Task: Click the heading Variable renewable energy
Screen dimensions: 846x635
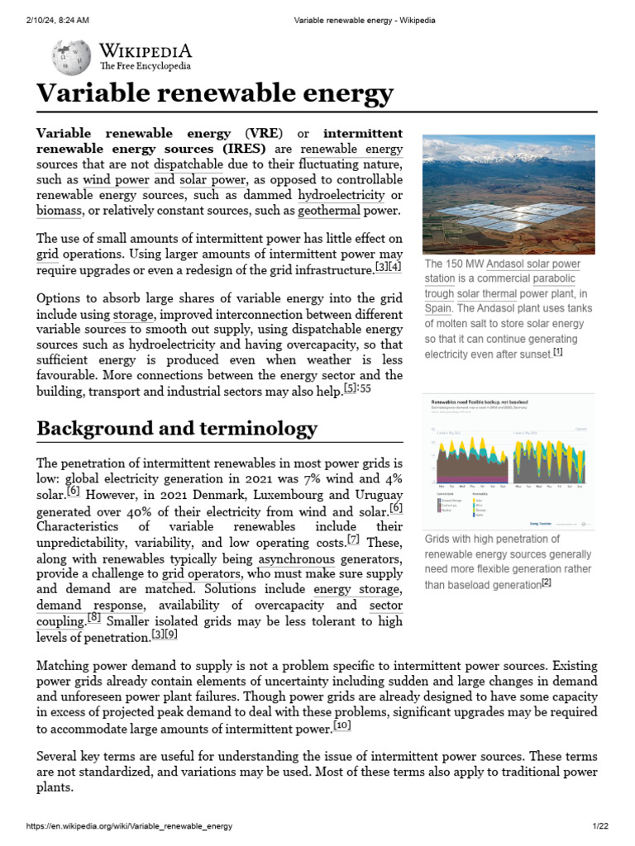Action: tap(215, 93)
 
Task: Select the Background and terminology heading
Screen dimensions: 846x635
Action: tap(177, 428)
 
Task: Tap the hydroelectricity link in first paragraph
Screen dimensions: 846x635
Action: tap(341, 195)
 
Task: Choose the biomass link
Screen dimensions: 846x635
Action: tap(60, 211)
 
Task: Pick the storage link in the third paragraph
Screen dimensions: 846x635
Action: tap(133, 315)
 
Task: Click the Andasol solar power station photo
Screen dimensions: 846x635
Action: tap(508, 194)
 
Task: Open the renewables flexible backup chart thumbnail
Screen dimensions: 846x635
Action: tap(508, 463)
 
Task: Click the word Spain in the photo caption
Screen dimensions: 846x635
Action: tap(438, 308)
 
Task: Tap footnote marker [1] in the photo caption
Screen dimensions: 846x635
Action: tap(558, 353)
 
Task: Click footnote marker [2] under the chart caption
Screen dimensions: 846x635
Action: tap(546, 583)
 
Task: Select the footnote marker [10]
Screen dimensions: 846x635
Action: tap(342, 725)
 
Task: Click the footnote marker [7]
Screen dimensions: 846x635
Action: tap(353, 540)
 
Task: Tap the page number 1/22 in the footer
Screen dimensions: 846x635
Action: tap(599, 826)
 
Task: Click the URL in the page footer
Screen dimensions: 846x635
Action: tap(130, 826)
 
